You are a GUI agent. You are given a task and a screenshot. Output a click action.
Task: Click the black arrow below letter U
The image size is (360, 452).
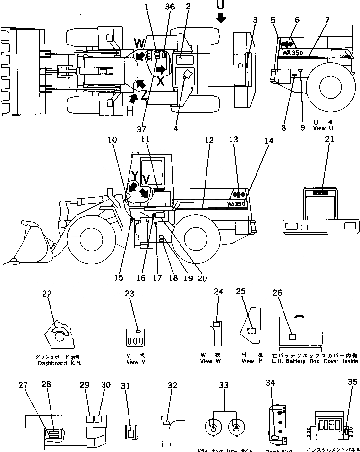[221, 18]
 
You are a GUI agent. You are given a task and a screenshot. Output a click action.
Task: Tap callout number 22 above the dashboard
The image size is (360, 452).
[47, 294]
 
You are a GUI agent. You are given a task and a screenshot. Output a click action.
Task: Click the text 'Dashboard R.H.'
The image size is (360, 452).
[58, 363]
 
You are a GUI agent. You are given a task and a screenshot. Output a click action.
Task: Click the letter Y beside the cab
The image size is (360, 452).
[134, 175]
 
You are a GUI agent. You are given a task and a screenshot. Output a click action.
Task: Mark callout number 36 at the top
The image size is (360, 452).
[170, 6]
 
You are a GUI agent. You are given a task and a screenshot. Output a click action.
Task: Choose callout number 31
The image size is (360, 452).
[126, 386]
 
